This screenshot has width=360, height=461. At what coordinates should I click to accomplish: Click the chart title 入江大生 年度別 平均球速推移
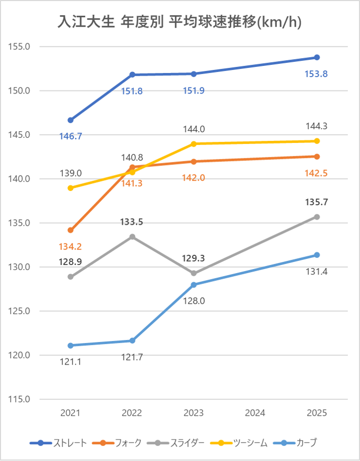click(x=180, y=23)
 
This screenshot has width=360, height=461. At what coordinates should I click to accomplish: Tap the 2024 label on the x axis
click(x=255, y=413)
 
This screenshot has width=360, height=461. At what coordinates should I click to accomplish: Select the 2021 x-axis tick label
click(x=70, y=413)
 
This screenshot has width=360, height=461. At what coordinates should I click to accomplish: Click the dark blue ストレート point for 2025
click(x=317, y=57)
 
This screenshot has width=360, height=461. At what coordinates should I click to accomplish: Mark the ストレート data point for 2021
click(x=70, y=120)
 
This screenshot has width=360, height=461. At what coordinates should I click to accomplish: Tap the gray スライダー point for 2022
click(x=132, y=236)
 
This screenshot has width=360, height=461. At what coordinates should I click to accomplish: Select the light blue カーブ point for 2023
click(x=194, y=285)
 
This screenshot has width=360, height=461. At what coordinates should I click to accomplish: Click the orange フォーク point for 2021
click(x=70, y=230)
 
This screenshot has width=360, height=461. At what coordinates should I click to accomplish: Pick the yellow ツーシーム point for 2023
click(x=194, y=144)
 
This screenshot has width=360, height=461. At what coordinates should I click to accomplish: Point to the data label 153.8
click(x=316, y=74)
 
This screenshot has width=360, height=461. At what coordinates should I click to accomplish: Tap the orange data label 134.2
click(x=70, y=247)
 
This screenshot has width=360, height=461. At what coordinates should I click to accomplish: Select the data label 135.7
click(x=316, y=202)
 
